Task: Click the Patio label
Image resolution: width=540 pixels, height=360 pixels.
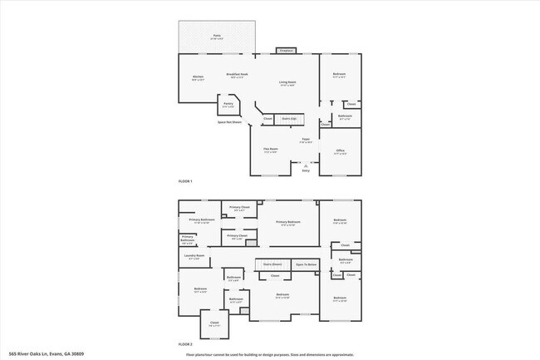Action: (x=217, y=36)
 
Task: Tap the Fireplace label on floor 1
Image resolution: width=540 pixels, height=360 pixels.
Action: (x=287, y=50)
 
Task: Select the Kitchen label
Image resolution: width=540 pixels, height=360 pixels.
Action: (x=199, y=77)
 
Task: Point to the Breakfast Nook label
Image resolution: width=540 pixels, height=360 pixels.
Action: (x=236, y=75)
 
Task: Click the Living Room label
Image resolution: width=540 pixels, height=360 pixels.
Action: (x=287, y=82)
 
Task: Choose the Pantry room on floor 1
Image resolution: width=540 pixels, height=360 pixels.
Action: (x=228, y=105)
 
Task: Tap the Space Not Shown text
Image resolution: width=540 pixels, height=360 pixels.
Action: (x=229, y=122)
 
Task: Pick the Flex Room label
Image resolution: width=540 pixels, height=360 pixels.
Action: (x=271, y=150)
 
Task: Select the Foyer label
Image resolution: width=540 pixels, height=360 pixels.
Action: (x=306, y=140)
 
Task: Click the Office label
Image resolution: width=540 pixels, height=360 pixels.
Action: (x=340, y=150)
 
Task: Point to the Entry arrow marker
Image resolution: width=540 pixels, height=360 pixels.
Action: (x=306, y=165)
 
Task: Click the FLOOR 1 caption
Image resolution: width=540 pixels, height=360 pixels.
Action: (x=185, y=181)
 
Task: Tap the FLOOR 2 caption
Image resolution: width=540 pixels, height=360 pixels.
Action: (x=185, y=343)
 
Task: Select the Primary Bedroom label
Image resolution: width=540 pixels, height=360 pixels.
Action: (x=287, y=223)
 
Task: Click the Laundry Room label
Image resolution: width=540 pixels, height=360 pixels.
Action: (x=194, y=256)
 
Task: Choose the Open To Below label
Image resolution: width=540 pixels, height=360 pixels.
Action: (x=306, y=264)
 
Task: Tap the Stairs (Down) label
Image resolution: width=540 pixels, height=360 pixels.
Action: (x=272, y=264)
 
